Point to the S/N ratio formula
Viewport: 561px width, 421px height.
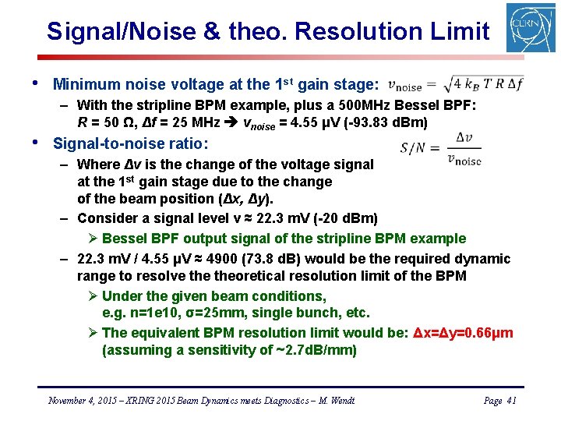[441, 147]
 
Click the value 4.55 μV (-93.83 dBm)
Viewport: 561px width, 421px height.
[362, 123]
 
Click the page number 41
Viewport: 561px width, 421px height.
[511, 401]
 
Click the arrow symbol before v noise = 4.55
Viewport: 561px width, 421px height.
[231, 123]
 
